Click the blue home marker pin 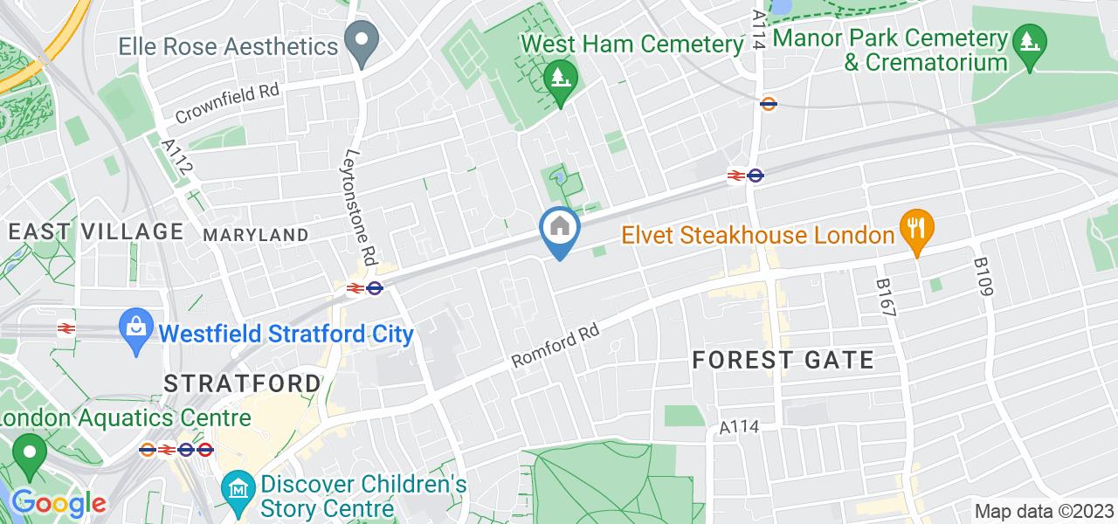[x=559, y=230]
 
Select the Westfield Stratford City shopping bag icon [x=136, y=331]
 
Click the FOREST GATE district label [x=783, y=360]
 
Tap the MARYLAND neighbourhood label [x=255, y=235]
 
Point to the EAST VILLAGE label [x=95, y=231]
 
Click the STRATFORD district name [x=243, y=383]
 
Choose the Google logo [x=58, y=504]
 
